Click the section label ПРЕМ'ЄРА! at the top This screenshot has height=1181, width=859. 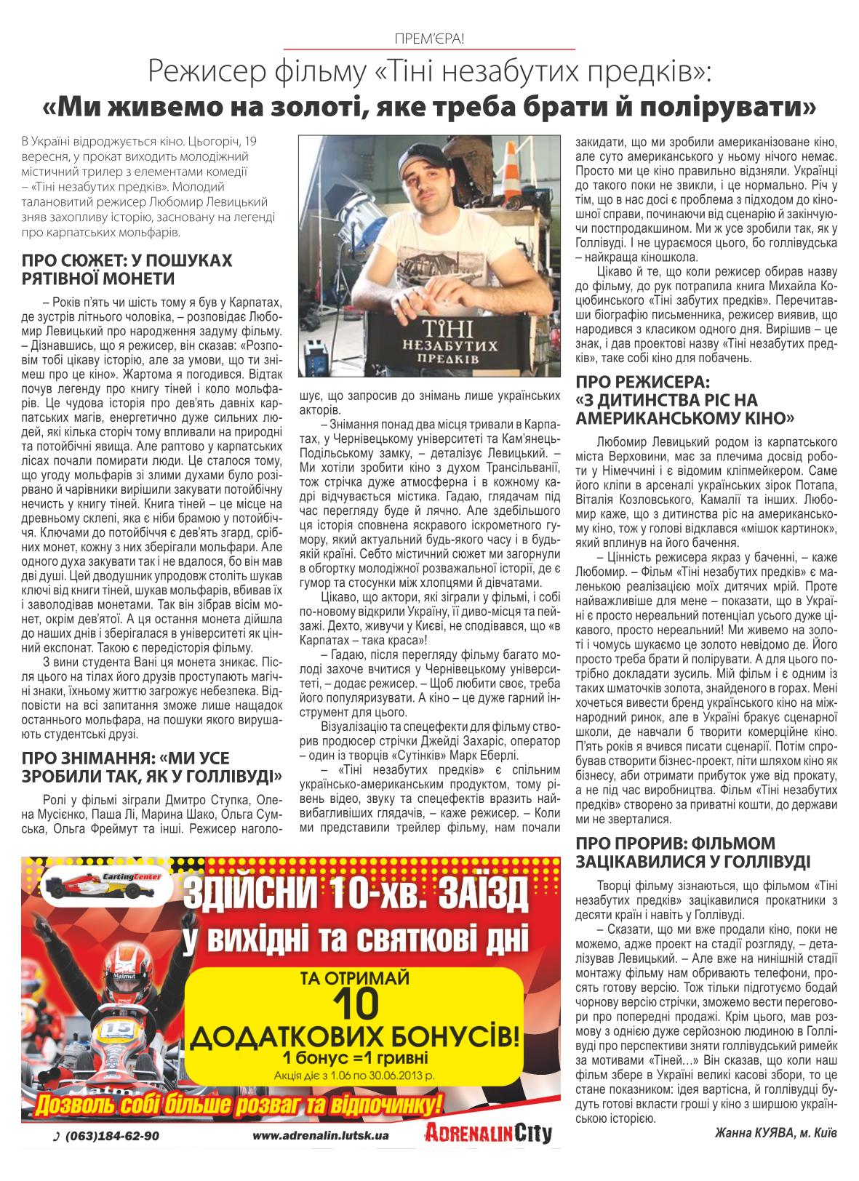pos(429,39)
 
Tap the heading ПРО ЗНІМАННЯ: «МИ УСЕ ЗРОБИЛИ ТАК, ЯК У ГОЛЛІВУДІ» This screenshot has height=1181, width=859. pos(152,765)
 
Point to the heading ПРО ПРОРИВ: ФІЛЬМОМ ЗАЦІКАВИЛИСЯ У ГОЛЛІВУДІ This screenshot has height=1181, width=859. pos(691,853)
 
